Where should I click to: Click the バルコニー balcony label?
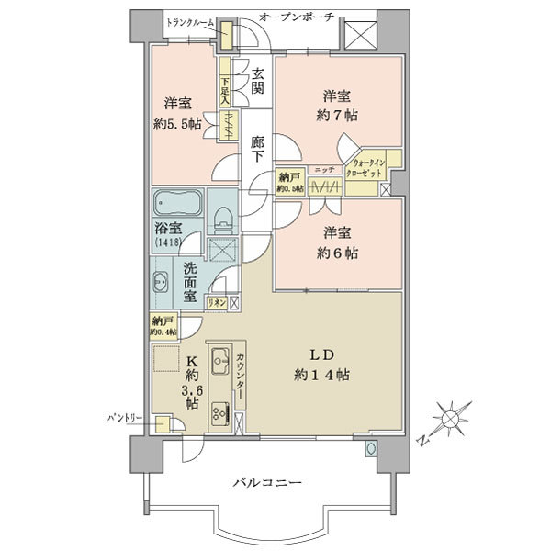[267, 482]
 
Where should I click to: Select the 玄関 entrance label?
[258, 81]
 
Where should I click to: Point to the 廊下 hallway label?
[258, 150]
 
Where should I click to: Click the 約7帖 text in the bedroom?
[338, 116]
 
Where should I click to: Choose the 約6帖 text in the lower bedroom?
[338, 253]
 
